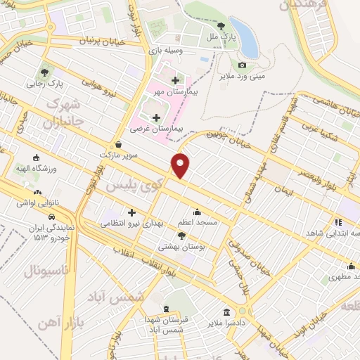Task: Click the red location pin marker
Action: pyautogui.click(x=181, y=165)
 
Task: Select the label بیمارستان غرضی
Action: pyautogui.click(x=157, y=129)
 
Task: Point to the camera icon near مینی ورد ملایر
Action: pyautogui.click(x=242, y=65)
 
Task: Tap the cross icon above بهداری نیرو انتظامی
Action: pyautogui.click(x=131, y=212)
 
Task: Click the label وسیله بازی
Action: pyautogui.click(x=165, y=51)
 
